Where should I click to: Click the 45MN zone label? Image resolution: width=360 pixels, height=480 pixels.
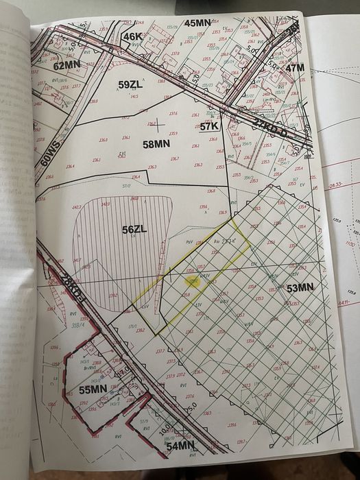click(x=197, y=23)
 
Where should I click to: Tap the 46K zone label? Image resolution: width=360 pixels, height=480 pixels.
click(x=132, y=36)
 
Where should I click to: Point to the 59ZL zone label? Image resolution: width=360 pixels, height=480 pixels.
click(x=131, y=85)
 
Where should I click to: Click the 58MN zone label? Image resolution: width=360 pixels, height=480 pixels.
click(x=156, y=144)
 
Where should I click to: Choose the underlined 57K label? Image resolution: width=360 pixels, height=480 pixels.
click(x=209, y=126)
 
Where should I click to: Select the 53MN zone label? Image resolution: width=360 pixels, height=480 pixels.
click(x=301, y=288)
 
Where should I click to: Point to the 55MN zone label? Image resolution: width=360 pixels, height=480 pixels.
click(x=92, y=389)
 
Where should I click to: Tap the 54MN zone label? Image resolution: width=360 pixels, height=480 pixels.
click(x=180, y=447)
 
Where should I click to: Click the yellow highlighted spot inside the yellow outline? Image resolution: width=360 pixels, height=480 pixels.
click(x=193, y=281)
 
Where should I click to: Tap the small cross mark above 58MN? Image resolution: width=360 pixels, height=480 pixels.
click(x=157, y=125)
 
